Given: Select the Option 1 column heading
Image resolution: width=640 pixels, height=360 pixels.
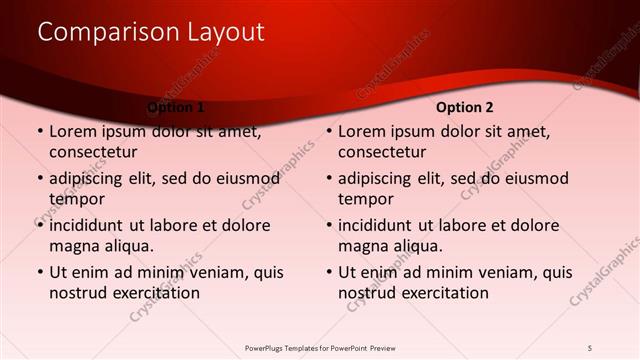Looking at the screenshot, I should [176, 106].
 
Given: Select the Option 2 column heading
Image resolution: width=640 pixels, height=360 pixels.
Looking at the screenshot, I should [464, 106].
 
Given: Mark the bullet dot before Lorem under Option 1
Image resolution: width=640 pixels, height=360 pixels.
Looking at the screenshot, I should [39, 132].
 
